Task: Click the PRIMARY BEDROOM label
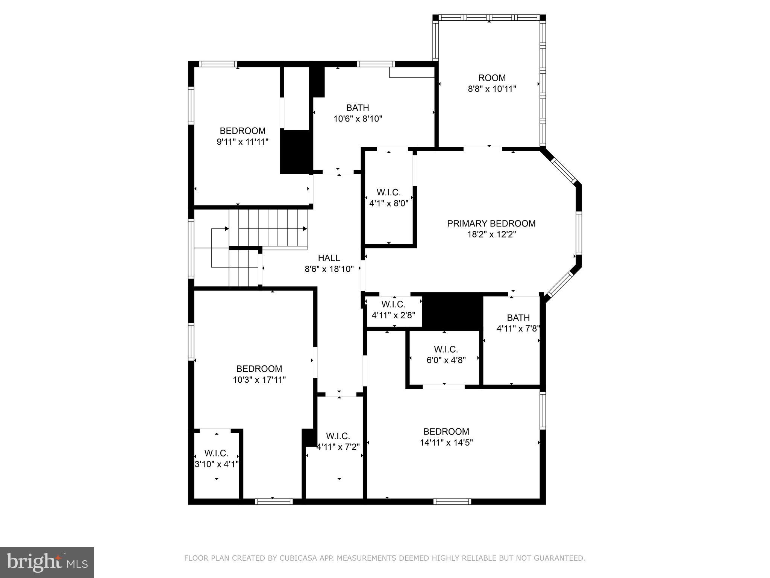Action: click(x=491, y=224)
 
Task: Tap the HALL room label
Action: click(x=329, y=258)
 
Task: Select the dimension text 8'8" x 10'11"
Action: click(x=492, y=89)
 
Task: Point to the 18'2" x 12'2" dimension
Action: click(x=491, y=234)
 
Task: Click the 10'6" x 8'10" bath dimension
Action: click(x=358, y=119)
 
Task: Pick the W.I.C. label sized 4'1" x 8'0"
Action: click(x=388, y=193)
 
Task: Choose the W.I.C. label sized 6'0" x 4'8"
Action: click(x=446, y=349)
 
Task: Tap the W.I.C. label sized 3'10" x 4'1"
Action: click(x=216, y=453)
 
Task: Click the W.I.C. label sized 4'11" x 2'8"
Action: click(x=393, y=304)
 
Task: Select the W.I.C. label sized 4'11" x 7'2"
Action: click(x=338, y=436)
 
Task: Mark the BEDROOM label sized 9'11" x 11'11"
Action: click(x=243, y=131)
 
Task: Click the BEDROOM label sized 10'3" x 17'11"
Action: click(x=259, y=369)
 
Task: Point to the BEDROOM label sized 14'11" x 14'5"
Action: click(x=446, y=432)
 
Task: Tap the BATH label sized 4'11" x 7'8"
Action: click(x=518, y=318)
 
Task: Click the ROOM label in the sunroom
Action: click(x=492, y=78)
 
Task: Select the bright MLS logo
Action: click(x=47, y=563)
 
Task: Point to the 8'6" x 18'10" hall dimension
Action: click(x=329, y=269)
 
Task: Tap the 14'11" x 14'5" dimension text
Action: click(x=446, y=443)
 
